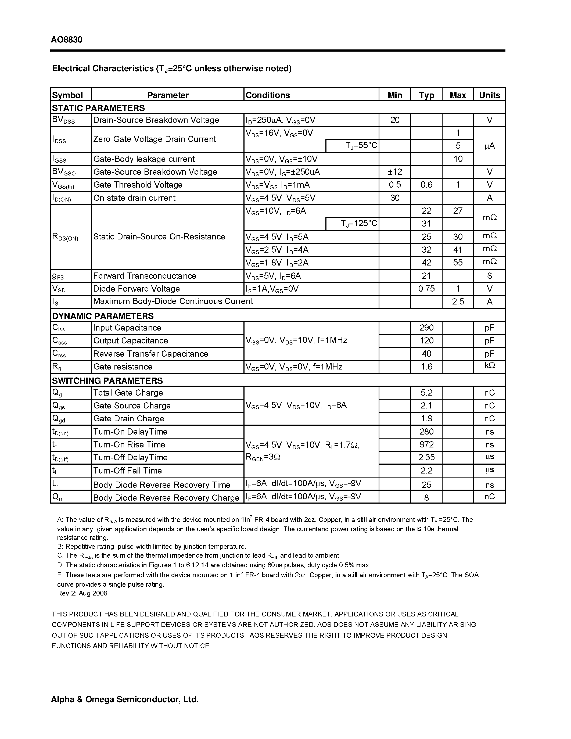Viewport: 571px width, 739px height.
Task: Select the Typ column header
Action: pos(426,95)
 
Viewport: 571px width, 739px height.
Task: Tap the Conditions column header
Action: pos(268,95)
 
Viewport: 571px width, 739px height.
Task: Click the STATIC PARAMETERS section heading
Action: pos(98,108)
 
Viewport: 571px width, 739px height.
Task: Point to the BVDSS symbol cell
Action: pos(64,120)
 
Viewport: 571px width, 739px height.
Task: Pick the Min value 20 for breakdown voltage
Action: pos(394,120)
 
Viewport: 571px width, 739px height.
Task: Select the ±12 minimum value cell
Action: pos(394,172)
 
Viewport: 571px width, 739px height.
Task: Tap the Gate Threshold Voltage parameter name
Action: pos(138,185)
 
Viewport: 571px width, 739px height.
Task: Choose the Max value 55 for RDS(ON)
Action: pos(457,263)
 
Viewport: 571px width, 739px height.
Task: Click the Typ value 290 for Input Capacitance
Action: pos(426,328)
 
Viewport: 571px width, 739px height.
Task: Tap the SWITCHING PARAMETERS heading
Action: pos(107,381)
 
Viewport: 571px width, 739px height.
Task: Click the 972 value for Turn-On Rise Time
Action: pos(426,445)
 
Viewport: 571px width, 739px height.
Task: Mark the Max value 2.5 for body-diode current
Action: pos(457,302)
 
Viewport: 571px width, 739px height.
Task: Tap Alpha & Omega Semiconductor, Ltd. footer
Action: pos(124,699)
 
